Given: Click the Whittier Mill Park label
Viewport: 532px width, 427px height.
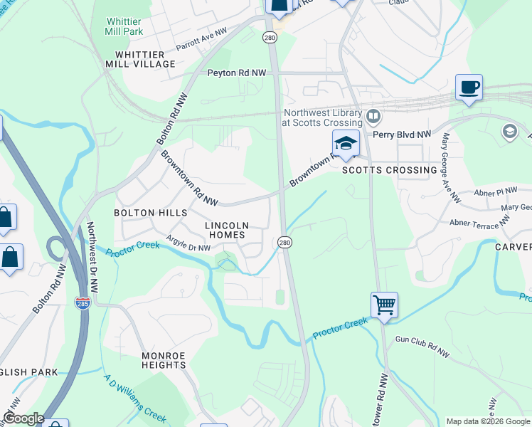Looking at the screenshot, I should [x=124, y=26].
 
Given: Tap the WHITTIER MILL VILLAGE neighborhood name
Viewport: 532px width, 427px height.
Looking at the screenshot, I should [x=145, y=58].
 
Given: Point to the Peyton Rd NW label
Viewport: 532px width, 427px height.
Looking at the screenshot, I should [x=236, y=73].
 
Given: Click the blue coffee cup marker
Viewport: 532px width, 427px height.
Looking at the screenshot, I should [x=469, y=88].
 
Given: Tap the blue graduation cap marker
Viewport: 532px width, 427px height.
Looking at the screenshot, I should [x=345, y=144].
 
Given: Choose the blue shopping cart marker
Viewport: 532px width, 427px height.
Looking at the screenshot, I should [x=384, y=305].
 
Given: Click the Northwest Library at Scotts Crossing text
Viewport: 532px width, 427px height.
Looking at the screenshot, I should [x=324, y=117].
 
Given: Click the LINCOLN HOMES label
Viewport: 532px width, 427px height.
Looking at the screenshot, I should [x=225, y=230].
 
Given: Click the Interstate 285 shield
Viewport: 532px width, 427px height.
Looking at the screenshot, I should [x=82, y=303].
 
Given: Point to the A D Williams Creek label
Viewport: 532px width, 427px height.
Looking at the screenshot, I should [x=136, y=399].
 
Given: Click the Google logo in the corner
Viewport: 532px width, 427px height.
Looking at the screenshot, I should [x=23, y=418].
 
